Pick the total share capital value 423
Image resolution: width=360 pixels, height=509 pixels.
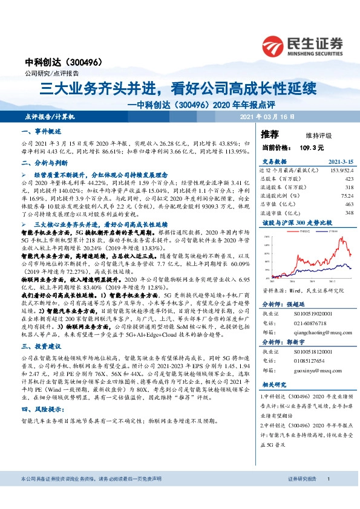pyautogui.click(x=349, y=179)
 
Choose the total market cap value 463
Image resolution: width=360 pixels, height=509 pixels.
pyautogui.click(x=349, y=204)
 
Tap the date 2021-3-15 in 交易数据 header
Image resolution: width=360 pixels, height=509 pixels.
pyautogui.click(x=341, y=162)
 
